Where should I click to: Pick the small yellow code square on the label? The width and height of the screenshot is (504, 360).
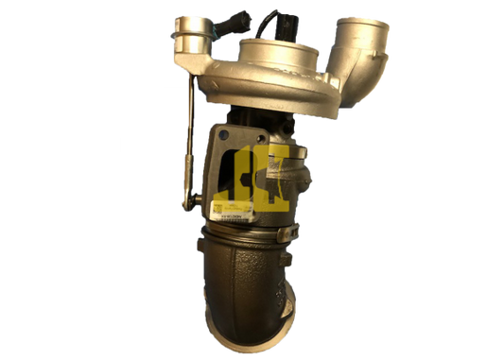click(x=217, y=207)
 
